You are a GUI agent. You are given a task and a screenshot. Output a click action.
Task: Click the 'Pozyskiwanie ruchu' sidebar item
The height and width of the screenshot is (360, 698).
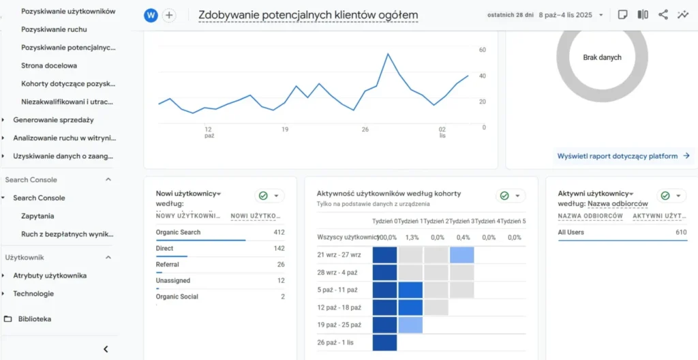(54, 29)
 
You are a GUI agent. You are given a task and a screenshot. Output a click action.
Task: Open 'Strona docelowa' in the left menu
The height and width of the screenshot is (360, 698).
(49, 65)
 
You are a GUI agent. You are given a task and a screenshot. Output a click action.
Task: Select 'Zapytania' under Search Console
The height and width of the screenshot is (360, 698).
(37, 215)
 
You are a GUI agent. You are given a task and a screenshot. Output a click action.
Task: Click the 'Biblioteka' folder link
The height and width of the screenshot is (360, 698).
(34, 318)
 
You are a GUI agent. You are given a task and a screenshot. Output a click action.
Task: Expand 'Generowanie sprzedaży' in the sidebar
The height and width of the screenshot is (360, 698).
(53, 119)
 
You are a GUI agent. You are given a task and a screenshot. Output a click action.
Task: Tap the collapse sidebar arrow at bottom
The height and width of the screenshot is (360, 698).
(106, 349)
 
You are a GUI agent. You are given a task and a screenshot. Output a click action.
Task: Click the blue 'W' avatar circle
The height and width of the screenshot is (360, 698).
(151, 15)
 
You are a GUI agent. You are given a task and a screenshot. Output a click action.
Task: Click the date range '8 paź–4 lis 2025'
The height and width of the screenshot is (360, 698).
(565, 15)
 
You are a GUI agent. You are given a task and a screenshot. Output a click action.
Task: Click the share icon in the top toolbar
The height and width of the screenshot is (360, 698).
(663, 15)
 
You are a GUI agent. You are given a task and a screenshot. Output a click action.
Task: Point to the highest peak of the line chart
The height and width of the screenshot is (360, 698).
(388, 54)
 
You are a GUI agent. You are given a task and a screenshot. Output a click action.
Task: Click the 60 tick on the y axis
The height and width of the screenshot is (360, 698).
(483, 50)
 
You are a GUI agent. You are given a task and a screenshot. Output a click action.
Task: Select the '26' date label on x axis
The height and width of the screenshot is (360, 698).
(365, 129)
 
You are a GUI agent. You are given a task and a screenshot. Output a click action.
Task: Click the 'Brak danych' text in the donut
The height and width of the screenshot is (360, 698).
(602, 57)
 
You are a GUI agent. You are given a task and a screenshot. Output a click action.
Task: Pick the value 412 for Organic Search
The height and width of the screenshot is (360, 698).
(277, 232)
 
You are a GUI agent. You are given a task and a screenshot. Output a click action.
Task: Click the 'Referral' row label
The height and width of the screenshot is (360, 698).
(168, 265)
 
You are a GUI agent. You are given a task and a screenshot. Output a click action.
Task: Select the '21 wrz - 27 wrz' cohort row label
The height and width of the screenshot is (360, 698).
(339, 254)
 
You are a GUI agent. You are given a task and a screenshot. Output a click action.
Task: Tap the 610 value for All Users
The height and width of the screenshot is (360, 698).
(681, 232)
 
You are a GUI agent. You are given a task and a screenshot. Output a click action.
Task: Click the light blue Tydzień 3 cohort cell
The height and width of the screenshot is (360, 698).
(461, 255)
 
